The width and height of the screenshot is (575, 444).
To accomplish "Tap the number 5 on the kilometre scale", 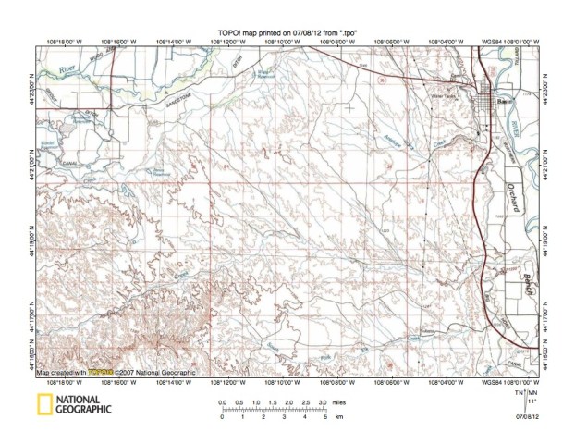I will coord(324,418).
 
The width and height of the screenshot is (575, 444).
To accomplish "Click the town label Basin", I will coord(504,101).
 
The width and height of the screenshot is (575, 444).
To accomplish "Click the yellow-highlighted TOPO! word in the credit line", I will coord(99,371).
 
